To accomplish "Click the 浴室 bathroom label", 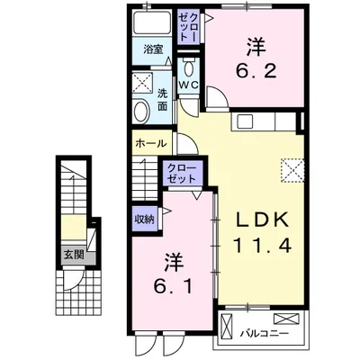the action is click(153, 49).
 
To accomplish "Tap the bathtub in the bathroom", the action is click(152, 22).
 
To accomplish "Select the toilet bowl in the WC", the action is click(189, 68).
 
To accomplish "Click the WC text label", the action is click(189, 85).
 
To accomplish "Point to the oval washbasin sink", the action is click(141, 112).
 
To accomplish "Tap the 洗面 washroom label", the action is click(162, 100).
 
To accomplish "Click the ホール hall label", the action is click(150, 143).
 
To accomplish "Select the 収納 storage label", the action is click(144, 220).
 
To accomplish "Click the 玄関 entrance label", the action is click(74, 256).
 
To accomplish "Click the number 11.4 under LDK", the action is click(262, 245).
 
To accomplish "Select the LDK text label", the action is click(262, 220).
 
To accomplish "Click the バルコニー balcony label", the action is click(265, 333).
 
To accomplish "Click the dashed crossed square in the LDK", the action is click(292, 170).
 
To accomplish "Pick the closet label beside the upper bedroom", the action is click(188, 26).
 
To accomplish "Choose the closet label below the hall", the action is click(182, 174).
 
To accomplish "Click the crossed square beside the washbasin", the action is click(143, 82).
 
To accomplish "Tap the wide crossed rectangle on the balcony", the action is click(286, 319).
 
